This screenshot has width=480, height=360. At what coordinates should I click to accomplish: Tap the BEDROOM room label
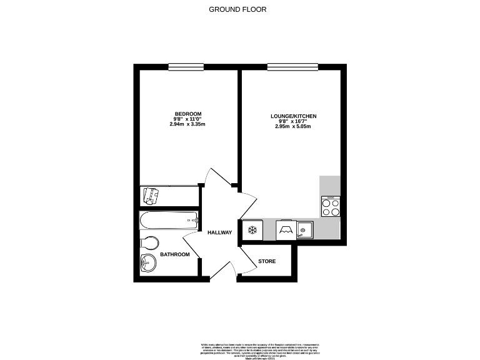(187, 113)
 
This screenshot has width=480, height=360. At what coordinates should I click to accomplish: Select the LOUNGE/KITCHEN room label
(293, 116)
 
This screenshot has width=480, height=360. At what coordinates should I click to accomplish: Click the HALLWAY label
(220, 233)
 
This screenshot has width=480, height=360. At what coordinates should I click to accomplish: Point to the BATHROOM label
(175, 254)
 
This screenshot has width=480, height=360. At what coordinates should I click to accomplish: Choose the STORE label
(267, 261)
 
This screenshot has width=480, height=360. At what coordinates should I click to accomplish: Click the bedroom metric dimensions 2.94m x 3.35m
(187, 124)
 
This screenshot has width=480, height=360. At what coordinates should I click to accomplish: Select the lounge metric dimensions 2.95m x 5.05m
(293, 127)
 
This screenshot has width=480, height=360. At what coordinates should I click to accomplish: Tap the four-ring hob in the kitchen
(331, 206)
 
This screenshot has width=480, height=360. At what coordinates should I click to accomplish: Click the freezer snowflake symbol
(254, 230)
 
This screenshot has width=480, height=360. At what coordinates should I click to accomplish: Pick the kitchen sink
(304, 230)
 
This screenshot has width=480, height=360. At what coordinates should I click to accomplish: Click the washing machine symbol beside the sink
(286, 230)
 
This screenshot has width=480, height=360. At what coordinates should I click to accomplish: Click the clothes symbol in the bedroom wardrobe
(151, 196)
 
